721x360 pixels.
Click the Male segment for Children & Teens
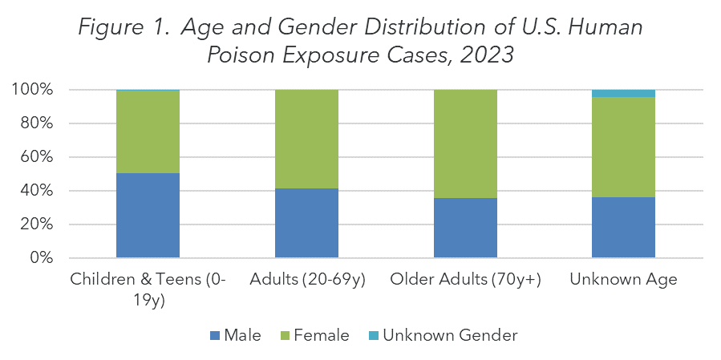(x=148, y=216)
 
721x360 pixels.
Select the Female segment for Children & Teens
(x=148, y=132)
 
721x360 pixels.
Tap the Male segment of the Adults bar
(x=306, y=223)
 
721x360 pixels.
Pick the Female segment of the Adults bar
(x=306, y=140)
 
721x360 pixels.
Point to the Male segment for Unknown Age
(x=624, y=227)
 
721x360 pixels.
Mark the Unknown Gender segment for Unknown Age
(x=624, y=94)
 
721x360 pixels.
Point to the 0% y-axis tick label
(x=39, y=258)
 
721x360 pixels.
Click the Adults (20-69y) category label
(x=306, y=280)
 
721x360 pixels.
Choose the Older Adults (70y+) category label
(x=465, y=280)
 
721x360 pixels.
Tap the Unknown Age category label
(x=624, y=280)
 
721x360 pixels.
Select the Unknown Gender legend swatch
(x=376, y=336)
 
